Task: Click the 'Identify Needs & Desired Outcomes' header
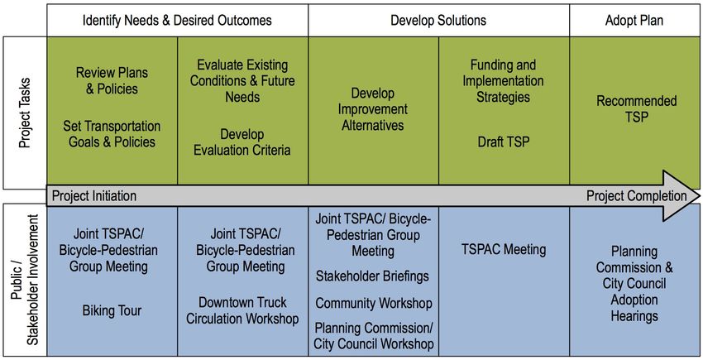point(177,21)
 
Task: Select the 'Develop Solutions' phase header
point(438,21)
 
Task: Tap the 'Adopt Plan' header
point(634,21)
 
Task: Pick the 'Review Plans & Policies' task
point(112,81)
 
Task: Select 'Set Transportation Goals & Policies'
point(112,134)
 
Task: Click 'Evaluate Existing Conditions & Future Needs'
point(242,81)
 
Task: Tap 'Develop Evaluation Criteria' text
point(242,142)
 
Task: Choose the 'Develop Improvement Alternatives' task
point(373,109)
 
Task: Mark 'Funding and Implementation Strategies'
point(503,81)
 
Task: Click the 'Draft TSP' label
point(504,142)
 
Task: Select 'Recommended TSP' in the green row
point(637,109)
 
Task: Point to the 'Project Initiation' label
point(94,196)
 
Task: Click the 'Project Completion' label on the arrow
point(637,196)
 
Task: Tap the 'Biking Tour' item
point(112,310)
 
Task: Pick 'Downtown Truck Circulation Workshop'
point(242,310)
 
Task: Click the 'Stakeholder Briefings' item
point(372,276)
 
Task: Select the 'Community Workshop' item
point(374,303)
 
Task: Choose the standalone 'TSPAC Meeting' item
point(504,250)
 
